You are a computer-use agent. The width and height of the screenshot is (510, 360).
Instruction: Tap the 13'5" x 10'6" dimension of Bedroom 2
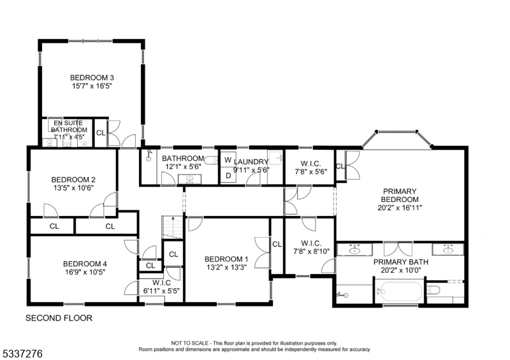[x=73, y=188]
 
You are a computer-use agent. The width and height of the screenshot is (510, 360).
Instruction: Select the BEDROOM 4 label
[x=84, y=264]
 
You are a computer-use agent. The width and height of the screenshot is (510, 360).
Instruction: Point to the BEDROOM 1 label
[x=226, y=259]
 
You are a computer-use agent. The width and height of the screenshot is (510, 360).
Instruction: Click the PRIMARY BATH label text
[x=400, y=262]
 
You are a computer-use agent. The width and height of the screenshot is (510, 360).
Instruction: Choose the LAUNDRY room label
[x=251, y=162]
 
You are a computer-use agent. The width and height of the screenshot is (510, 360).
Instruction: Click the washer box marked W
[x=227, y=160]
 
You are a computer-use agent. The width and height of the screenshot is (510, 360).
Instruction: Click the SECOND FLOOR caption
[x=59, y=317]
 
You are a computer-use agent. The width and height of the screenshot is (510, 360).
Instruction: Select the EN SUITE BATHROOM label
[x=69, y=126]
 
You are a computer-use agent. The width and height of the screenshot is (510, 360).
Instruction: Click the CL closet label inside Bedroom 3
[x=101, y=133]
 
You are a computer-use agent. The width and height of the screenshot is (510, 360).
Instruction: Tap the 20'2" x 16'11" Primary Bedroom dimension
[x=399, y=207]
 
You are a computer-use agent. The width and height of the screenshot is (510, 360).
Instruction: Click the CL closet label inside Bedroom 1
[x=277, y=244]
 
